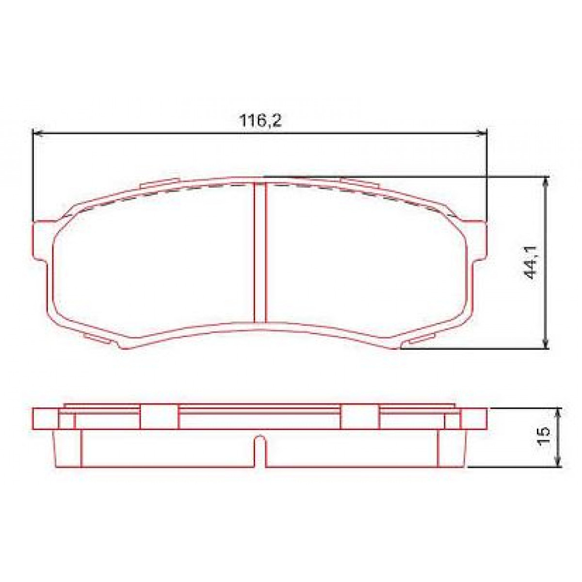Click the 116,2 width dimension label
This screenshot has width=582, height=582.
(x=260, y=121)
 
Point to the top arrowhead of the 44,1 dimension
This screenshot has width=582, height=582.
(x=547, y=181)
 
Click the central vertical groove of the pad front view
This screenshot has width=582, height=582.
(x=260, y=252)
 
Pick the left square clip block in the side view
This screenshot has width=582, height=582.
(x=159, y=417)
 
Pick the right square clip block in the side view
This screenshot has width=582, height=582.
(x=360, y=417)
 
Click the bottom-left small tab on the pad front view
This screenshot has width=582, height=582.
(x=97, y=338)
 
